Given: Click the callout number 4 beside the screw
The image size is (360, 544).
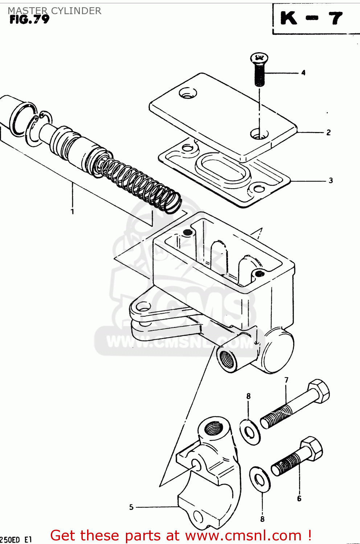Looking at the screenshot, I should click(303, 73).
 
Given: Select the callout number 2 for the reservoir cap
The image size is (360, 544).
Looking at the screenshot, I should click(328, 132).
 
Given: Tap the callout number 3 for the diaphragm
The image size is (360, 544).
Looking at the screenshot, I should click(331, 180).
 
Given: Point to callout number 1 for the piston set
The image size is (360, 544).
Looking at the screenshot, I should click(72, 211).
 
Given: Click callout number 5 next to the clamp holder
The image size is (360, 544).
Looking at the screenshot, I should click(131, 507).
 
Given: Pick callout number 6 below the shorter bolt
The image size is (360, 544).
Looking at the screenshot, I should click(299, 499).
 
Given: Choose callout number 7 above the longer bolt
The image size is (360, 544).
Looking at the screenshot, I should click(286, 380).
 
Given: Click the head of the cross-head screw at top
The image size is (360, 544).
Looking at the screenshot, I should click(259, 57).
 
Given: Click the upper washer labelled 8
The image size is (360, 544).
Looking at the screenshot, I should click(250, 432).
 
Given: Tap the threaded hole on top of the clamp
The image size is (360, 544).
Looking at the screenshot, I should click(213, 428).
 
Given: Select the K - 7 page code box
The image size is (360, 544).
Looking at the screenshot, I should click(312, 18).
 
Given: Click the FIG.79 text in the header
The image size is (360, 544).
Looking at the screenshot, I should click(29, 20).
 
